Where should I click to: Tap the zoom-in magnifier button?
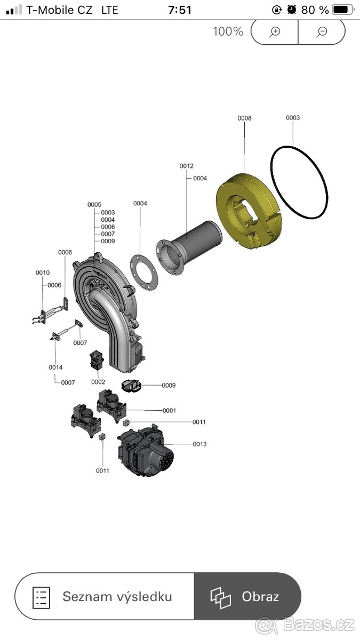point(275,31)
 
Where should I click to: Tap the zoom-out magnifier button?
point(322,31)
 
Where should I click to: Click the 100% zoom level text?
point(228,31)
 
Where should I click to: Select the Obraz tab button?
point(247,597)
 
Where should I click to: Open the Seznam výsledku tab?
point(105,597)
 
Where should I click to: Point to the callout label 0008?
point(245,118)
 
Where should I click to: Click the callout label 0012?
point(186,166)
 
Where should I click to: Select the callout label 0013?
point(199,444)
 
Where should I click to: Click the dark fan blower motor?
point(146,451)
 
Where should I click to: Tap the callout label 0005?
point(94,205)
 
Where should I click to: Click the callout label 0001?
point(169,411)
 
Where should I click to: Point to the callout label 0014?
point(55,367)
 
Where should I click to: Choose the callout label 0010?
point(43,273)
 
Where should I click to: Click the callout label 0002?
point(98,382)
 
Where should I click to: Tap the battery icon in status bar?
point(342,10)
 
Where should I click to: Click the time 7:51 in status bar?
point(180,10)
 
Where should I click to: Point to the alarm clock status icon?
point(291,10)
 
